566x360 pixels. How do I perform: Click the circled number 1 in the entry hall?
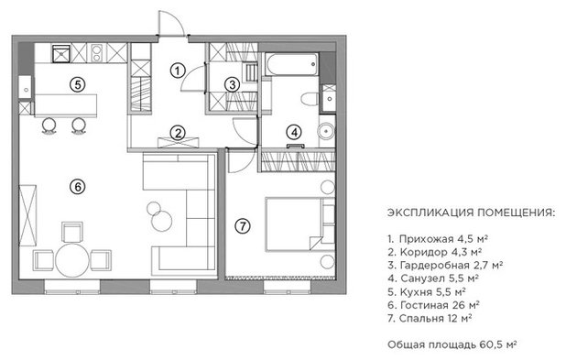[178, 71]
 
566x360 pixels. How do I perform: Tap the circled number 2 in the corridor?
[178, 133]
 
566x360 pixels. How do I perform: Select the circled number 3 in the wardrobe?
[232, 85]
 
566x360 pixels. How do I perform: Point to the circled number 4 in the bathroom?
[294, 133]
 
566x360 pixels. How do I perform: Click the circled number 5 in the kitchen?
[78, 85]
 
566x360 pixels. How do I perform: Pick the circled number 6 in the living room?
[78, 187]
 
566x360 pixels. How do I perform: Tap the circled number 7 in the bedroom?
[242, 226]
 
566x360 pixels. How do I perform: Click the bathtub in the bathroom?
[291, 64]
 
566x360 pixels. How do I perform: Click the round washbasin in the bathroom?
[326, 131]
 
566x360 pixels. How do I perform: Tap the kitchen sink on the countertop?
[62, 53]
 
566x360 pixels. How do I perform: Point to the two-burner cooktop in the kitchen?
[97, 53]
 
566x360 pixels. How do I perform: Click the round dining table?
[72, 261]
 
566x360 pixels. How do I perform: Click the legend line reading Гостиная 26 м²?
[433, 305]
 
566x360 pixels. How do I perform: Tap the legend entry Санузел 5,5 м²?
[433, 278]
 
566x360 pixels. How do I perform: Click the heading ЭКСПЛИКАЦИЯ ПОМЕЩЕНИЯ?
[472, 213]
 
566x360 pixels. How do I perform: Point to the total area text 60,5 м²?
[498, 344]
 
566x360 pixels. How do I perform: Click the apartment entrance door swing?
[172, 24]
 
